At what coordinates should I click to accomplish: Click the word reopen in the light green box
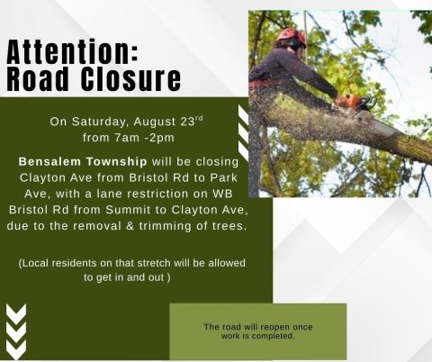(x=260, y=327)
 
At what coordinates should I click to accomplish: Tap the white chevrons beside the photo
(x=243, y=131)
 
